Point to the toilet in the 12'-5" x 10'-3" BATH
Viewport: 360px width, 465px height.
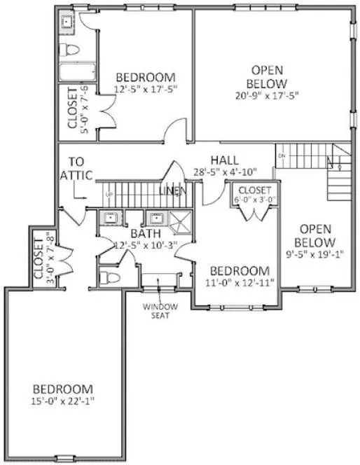[x=106, y=277]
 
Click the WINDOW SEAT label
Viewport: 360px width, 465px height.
[x=161, y=310]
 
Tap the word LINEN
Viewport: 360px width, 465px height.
[x=172, y=191]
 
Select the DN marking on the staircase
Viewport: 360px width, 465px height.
[x=282, y=155]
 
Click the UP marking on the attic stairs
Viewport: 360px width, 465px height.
[x=109, y=194]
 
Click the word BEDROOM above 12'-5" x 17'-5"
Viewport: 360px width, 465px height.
[x=145, y=77]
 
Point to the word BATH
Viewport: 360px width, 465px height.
[x=145, y=233]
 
